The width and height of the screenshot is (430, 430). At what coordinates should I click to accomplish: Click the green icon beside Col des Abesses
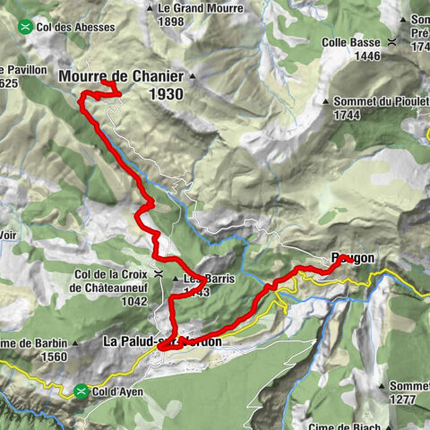coord(27,27)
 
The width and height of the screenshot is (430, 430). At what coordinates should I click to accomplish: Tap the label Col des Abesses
coord(76,27)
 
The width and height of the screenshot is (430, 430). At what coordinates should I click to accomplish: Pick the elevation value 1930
coord(168,94)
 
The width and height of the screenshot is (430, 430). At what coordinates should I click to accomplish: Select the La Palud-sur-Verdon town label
coord(162,341)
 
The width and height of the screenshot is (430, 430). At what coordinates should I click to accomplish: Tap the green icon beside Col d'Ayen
coord(82,391)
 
